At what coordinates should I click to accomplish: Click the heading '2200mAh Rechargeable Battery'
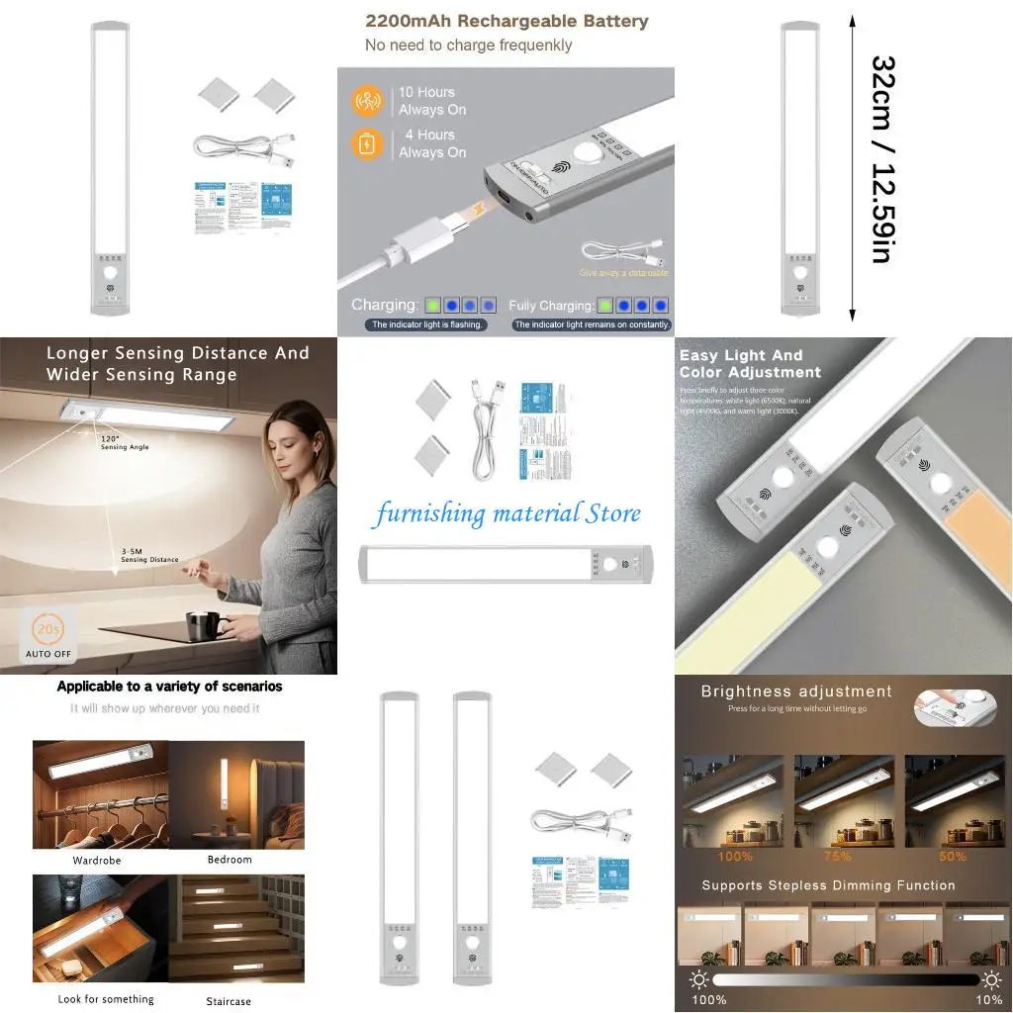pos(506,21)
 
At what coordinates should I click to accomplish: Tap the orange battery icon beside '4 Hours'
pos(366,144)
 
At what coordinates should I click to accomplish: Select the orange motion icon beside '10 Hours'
pos(366,101)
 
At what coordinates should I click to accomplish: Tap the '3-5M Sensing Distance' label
pos(149,555)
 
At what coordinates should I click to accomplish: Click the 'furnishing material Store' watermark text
pos(506,513)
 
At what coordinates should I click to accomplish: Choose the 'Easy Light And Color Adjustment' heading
pos(750,363)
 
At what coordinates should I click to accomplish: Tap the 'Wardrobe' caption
pos(97,861)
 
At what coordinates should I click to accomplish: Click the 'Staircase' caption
pos(229,1001)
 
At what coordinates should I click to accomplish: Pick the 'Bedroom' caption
pos(230,860)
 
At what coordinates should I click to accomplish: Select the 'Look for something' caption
pos(106,999)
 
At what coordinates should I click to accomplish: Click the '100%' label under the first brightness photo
pos(735,857)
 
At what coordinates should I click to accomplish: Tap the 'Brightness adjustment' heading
pos(796,691)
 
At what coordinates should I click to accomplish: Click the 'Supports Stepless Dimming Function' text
pos(828,885)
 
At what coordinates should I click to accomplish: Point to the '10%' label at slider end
pos(988,999)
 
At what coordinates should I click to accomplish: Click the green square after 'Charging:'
pos(433,306)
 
